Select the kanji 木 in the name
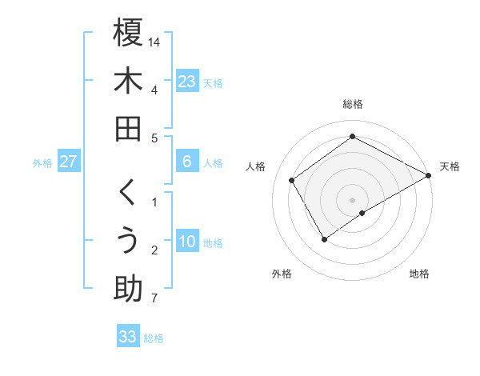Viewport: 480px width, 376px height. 128,81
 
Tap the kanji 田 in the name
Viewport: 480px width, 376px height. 128,129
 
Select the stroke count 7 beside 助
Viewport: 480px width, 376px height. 154,299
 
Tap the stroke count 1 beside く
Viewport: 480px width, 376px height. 154,202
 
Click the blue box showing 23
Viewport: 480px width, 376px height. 186,81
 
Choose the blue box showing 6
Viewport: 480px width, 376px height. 186,162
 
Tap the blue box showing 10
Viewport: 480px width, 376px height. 186,242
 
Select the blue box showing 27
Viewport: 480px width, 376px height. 69,162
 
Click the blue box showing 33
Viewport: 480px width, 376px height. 127,337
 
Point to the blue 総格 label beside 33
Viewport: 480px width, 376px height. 154,338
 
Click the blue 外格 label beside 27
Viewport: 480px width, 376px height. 42,163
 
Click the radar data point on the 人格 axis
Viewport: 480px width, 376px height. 292,180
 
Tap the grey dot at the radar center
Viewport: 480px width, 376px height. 353,199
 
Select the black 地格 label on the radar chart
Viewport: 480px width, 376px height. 419,274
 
